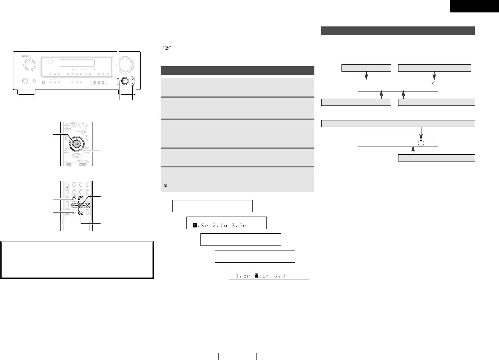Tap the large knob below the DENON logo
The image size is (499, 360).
click(x=29, y=65)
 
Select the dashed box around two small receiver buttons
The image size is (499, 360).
click(x=133, y=81)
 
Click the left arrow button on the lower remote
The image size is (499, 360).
click(x=74, y=205)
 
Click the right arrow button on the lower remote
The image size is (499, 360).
click(x=87, y=205)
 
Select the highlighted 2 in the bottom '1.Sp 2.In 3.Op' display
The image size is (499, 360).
click(x=257, y=276)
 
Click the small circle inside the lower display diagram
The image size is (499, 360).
click(x=421, y=143)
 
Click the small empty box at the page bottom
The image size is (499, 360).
click(x=237, y=356)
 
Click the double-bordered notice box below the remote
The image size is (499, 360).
click(x=77, y=259)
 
